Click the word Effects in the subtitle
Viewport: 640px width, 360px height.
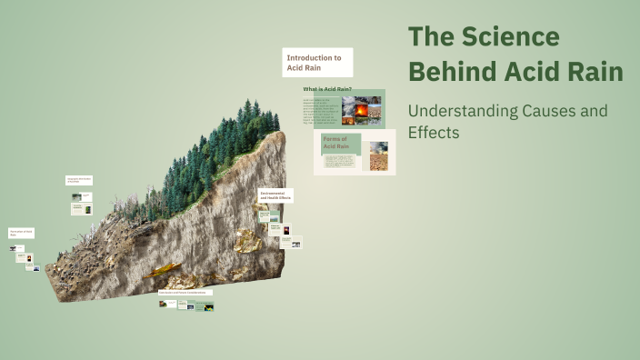tap(434, 132)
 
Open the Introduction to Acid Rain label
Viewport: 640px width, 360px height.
tap(316, 63)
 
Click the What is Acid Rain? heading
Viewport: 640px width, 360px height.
tap(327, 89)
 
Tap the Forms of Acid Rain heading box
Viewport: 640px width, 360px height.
tap(341, 143)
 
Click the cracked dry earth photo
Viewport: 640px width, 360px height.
tap(378, 161)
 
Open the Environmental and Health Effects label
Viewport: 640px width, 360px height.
tap(275, 195)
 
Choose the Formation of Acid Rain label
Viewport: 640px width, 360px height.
tap(22, 234)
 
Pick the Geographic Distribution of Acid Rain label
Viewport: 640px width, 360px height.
tap(78, 181)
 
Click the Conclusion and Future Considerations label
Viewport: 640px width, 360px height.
tap(185, 293)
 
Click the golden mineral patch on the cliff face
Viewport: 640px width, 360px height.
tap(245, 240)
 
